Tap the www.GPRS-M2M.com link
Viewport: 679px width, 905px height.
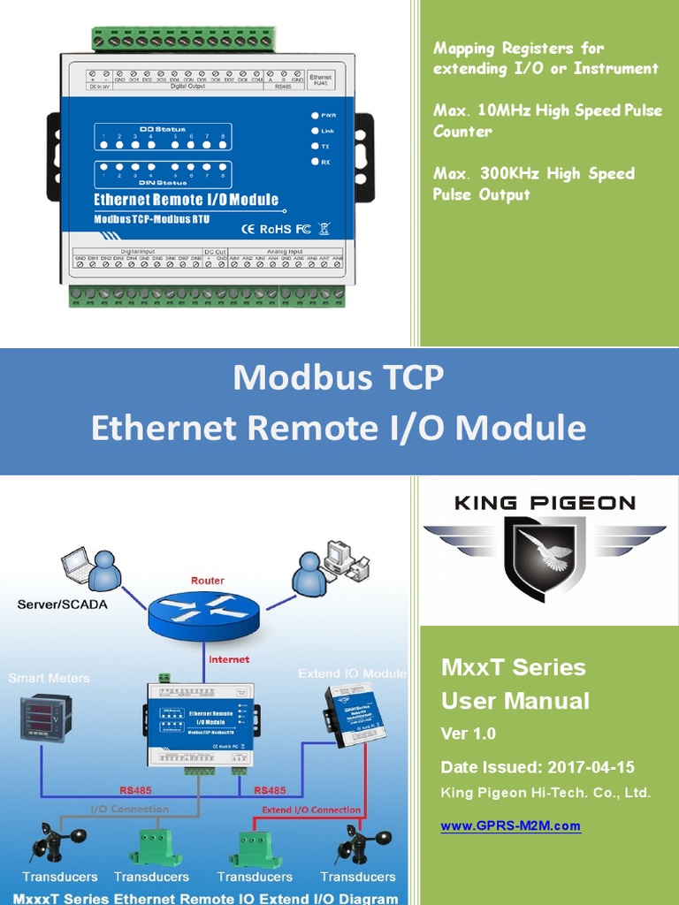510,826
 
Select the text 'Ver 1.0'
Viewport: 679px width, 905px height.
469,734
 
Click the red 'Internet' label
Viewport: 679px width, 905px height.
229,659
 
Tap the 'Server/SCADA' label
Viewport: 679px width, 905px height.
57,605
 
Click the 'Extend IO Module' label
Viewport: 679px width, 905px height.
352,673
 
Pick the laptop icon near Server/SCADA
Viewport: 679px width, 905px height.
79,565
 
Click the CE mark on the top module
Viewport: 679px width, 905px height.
248,229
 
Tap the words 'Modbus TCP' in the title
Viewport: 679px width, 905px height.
339,377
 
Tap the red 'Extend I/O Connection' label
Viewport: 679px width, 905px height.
311,810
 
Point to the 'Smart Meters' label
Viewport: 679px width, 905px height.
49,678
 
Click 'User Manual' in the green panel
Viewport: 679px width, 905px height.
515,701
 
